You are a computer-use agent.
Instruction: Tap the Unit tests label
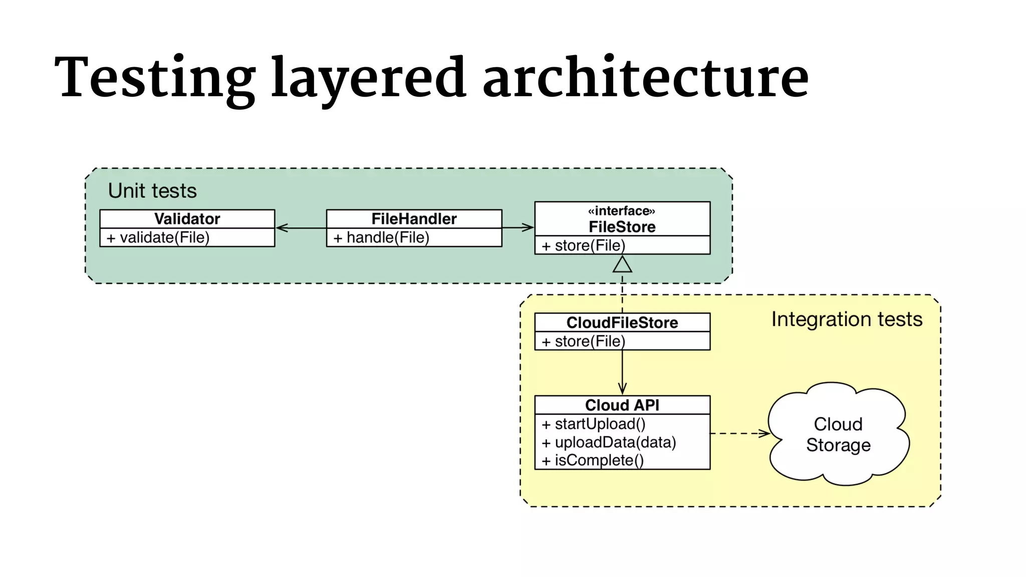click(152, 191)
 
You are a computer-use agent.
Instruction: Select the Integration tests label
click(847, 319)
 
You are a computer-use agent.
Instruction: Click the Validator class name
click(187, 219)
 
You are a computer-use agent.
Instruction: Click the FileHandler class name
click(414, 219)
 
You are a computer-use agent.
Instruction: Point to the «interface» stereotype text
click(622, 210)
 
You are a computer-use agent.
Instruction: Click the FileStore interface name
click(622, 227)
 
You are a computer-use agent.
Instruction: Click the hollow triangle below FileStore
click(622, 264)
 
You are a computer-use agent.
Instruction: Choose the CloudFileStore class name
click(622, 323)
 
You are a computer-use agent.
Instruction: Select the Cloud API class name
click(622, 405)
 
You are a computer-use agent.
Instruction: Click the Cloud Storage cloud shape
click(838, 434)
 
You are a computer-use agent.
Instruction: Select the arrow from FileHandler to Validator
click(301, 228)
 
